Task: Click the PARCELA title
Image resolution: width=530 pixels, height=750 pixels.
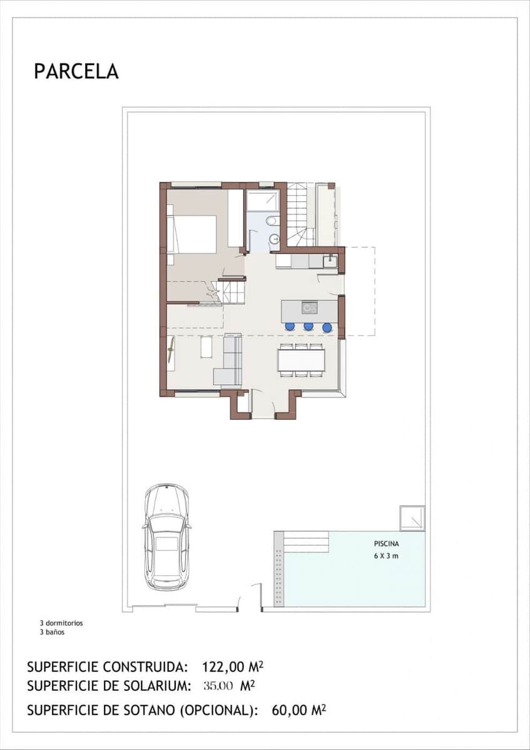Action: click(76, 71)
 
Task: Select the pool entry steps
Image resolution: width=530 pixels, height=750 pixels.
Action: click(305, 541)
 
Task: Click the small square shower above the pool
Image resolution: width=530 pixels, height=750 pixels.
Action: click(412, 518)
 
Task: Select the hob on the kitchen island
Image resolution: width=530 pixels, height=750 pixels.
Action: click(309, 307)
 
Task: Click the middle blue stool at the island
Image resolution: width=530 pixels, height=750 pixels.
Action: click(308, 326)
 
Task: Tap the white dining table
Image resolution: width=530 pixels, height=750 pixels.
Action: click(302, 360)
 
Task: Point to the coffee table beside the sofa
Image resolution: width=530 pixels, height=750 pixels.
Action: click(206, 347)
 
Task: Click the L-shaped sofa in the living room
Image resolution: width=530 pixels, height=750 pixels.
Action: click(229, 361)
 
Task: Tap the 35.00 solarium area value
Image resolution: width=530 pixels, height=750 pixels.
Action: click(218, 686)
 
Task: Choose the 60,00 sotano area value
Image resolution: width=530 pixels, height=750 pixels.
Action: click(292, 710)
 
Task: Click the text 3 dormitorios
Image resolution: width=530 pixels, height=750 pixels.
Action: click(61, 623)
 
